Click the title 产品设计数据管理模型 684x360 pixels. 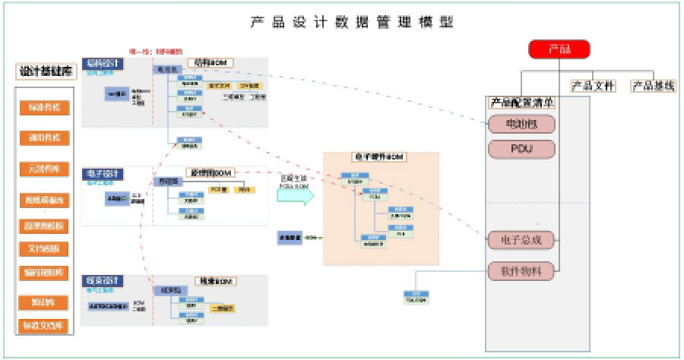[353, 22]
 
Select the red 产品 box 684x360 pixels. [559, 50]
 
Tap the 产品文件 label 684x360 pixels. [593, 86]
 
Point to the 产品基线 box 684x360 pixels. [654, 86]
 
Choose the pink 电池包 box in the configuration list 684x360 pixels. [521, 123]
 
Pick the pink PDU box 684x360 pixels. [521, 147]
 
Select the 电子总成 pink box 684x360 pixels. [521, 242]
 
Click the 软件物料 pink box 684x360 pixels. [521, 268]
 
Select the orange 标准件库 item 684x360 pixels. [44, 108]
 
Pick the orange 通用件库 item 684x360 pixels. [44, 138]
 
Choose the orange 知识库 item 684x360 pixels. [44, 302]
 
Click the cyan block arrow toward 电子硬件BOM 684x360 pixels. [295, 195]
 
